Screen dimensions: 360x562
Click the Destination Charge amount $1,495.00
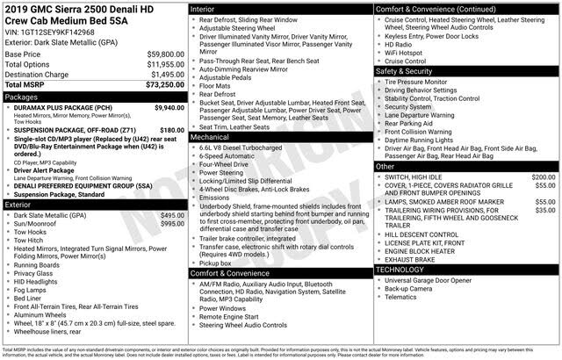click(161, 75)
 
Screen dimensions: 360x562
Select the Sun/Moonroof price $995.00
click(172, 224)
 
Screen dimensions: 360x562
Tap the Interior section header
click(204, 7)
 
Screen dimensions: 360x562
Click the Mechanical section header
click(210, 138)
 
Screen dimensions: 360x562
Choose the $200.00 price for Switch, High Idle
click(544, 176)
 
